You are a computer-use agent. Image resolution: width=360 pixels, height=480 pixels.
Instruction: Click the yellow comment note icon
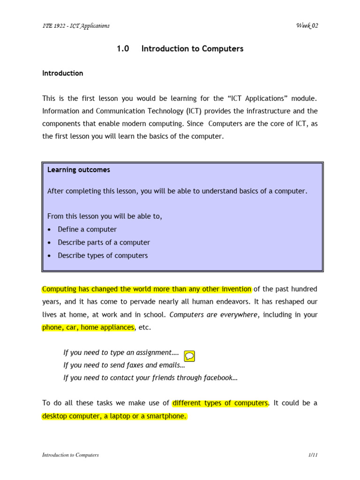pos(189,356)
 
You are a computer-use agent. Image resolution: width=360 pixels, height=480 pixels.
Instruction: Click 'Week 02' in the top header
pos(307,25)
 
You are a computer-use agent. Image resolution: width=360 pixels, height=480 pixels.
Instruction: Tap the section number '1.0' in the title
pos(123,49)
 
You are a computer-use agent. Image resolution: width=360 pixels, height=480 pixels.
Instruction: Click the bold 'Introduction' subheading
pos(63,73)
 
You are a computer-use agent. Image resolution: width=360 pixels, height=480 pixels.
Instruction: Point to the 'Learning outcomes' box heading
pos(79,170)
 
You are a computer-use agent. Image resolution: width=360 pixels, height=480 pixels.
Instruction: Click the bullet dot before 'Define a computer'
pos(50,230)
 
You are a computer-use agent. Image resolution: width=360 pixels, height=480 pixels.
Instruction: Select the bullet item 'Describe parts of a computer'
pos(104,242)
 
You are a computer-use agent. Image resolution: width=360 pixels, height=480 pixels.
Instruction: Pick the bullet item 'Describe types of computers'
pos(103,255)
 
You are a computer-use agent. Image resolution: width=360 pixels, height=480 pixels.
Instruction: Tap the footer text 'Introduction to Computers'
pos(70,455)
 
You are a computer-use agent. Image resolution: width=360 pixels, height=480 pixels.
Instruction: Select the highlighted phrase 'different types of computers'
pos(220,403)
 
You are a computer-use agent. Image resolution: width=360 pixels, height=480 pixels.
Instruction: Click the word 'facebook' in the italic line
pos(217,377)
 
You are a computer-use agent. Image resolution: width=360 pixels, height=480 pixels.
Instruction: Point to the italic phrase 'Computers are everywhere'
pos(213,315)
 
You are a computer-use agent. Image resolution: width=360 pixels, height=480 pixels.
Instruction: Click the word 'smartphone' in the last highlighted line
pos(166,416)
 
